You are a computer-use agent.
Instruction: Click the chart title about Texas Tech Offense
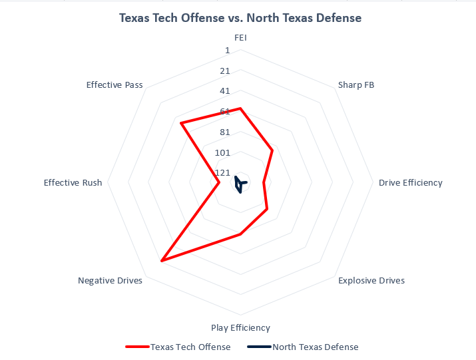click(x=240, y=18)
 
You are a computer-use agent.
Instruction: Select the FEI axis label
click(x=240, y=37)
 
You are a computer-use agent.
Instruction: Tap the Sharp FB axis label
click(x=356, y=85)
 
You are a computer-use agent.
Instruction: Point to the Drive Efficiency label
click(x=410, y=182)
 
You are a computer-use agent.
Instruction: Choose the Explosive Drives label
click(x=371, y=280)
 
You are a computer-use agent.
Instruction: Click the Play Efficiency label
click(x=240, y=327)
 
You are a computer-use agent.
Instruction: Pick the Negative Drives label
click(x=110, y=280)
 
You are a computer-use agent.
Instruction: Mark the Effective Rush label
click(x=73, y=182)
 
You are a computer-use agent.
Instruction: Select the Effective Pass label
click(x=115, y=85)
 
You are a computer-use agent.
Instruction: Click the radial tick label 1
click(x=227, y=51)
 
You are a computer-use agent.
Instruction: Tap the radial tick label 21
click(x=224, y=71)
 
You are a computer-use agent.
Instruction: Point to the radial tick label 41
click(x=224, y=91)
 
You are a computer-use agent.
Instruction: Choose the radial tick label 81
click(x=224, y=132)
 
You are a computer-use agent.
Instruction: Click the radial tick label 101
click(x=222, y=152)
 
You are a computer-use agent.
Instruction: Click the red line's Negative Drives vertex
click(x=162, y=260)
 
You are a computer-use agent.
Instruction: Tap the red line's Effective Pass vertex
click(x=180, y=122)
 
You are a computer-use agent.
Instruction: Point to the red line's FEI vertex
click(x=240, y=108)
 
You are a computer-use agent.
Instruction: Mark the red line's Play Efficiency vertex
click(x=240, y=234)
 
